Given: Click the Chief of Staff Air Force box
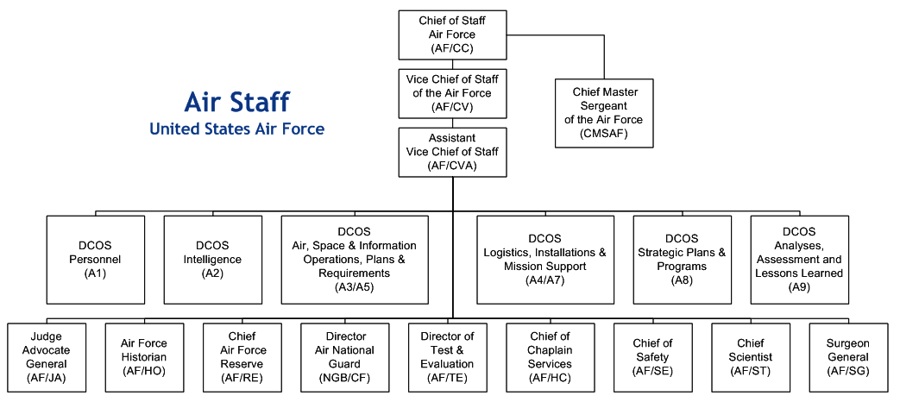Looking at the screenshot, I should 452,34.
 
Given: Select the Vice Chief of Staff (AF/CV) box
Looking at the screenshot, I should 452,93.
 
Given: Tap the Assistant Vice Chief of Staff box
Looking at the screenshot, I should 452,152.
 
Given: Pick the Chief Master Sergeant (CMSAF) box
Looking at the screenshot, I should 603,112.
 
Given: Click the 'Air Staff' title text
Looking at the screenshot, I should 236,102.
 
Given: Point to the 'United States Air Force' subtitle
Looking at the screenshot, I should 236,129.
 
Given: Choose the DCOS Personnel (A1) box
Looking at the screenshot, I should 96,259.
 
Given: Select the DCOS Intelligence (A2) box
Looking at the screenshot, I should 212,259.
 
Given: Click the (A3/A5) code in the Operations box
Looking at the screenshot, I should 354,287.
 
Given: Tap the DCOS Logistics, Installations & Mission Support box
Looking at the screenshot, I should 544,259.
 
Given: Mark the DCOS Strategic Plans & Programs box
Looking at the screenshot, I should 682,259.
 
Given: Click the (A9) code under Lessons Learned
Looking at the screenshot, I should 798,287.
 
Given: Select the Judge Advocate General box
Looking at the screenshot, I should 47,357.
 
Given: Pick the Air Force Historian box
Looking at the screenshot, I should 144,357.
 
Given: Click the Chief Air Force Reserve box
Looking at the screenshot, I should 242,357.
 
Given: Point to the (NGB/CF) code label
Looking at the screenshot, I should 341,378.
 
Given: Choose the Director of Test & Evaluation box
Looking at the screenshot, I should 447,357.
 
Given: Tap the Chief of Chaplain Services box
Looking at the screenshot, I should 549,357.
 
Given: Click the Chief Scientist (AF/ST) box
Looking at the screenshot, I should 750,357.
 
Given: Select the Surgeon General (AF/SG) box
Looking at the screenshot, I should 848,357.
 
